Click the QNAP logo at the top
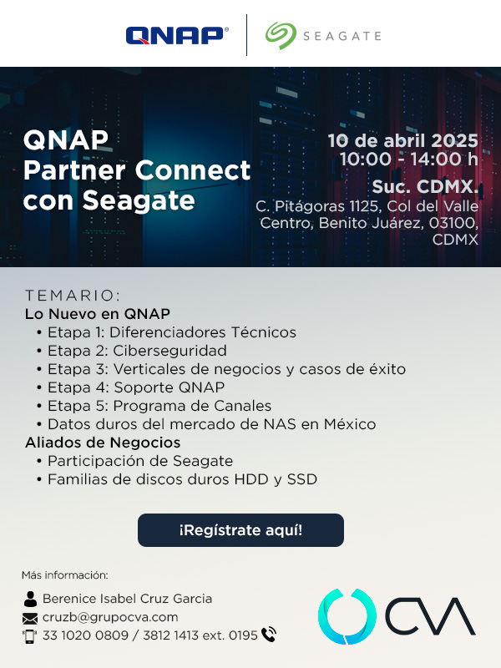177,35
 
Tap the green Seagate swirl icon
281,36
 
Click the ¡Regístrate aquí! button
240,530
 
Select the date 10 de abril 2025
402,140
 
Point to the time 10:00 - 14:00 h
409,159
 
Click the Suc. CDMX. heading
425,186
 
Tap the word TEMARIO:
73,295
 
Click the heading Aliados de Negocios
103,443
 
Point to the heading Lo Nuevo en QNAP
98,314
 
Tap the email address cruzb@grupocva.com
110,617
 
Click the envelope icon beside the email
30,618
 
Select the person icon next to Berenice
30,599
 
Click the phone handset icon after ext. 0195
269,635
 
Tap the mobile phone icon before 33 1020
29,636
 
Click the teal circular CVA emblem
347,616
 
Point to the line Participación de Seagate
140,461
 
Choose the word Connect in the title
193,170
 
